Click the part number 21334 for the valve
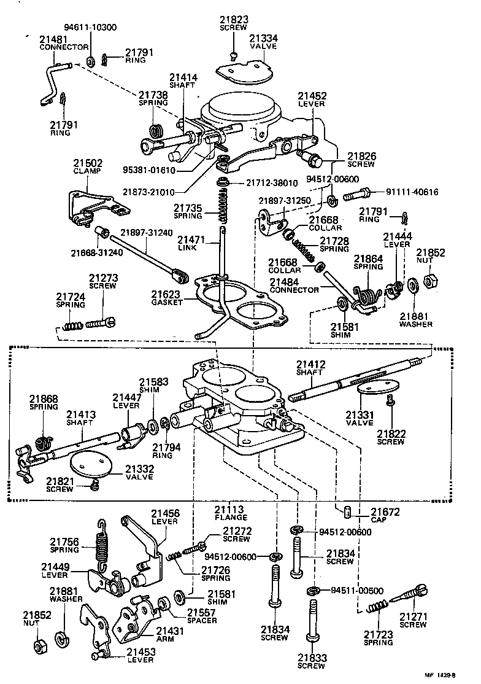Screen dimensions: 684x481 point(263,38)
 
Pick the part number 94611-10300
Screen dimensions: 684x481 point(90,28)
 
